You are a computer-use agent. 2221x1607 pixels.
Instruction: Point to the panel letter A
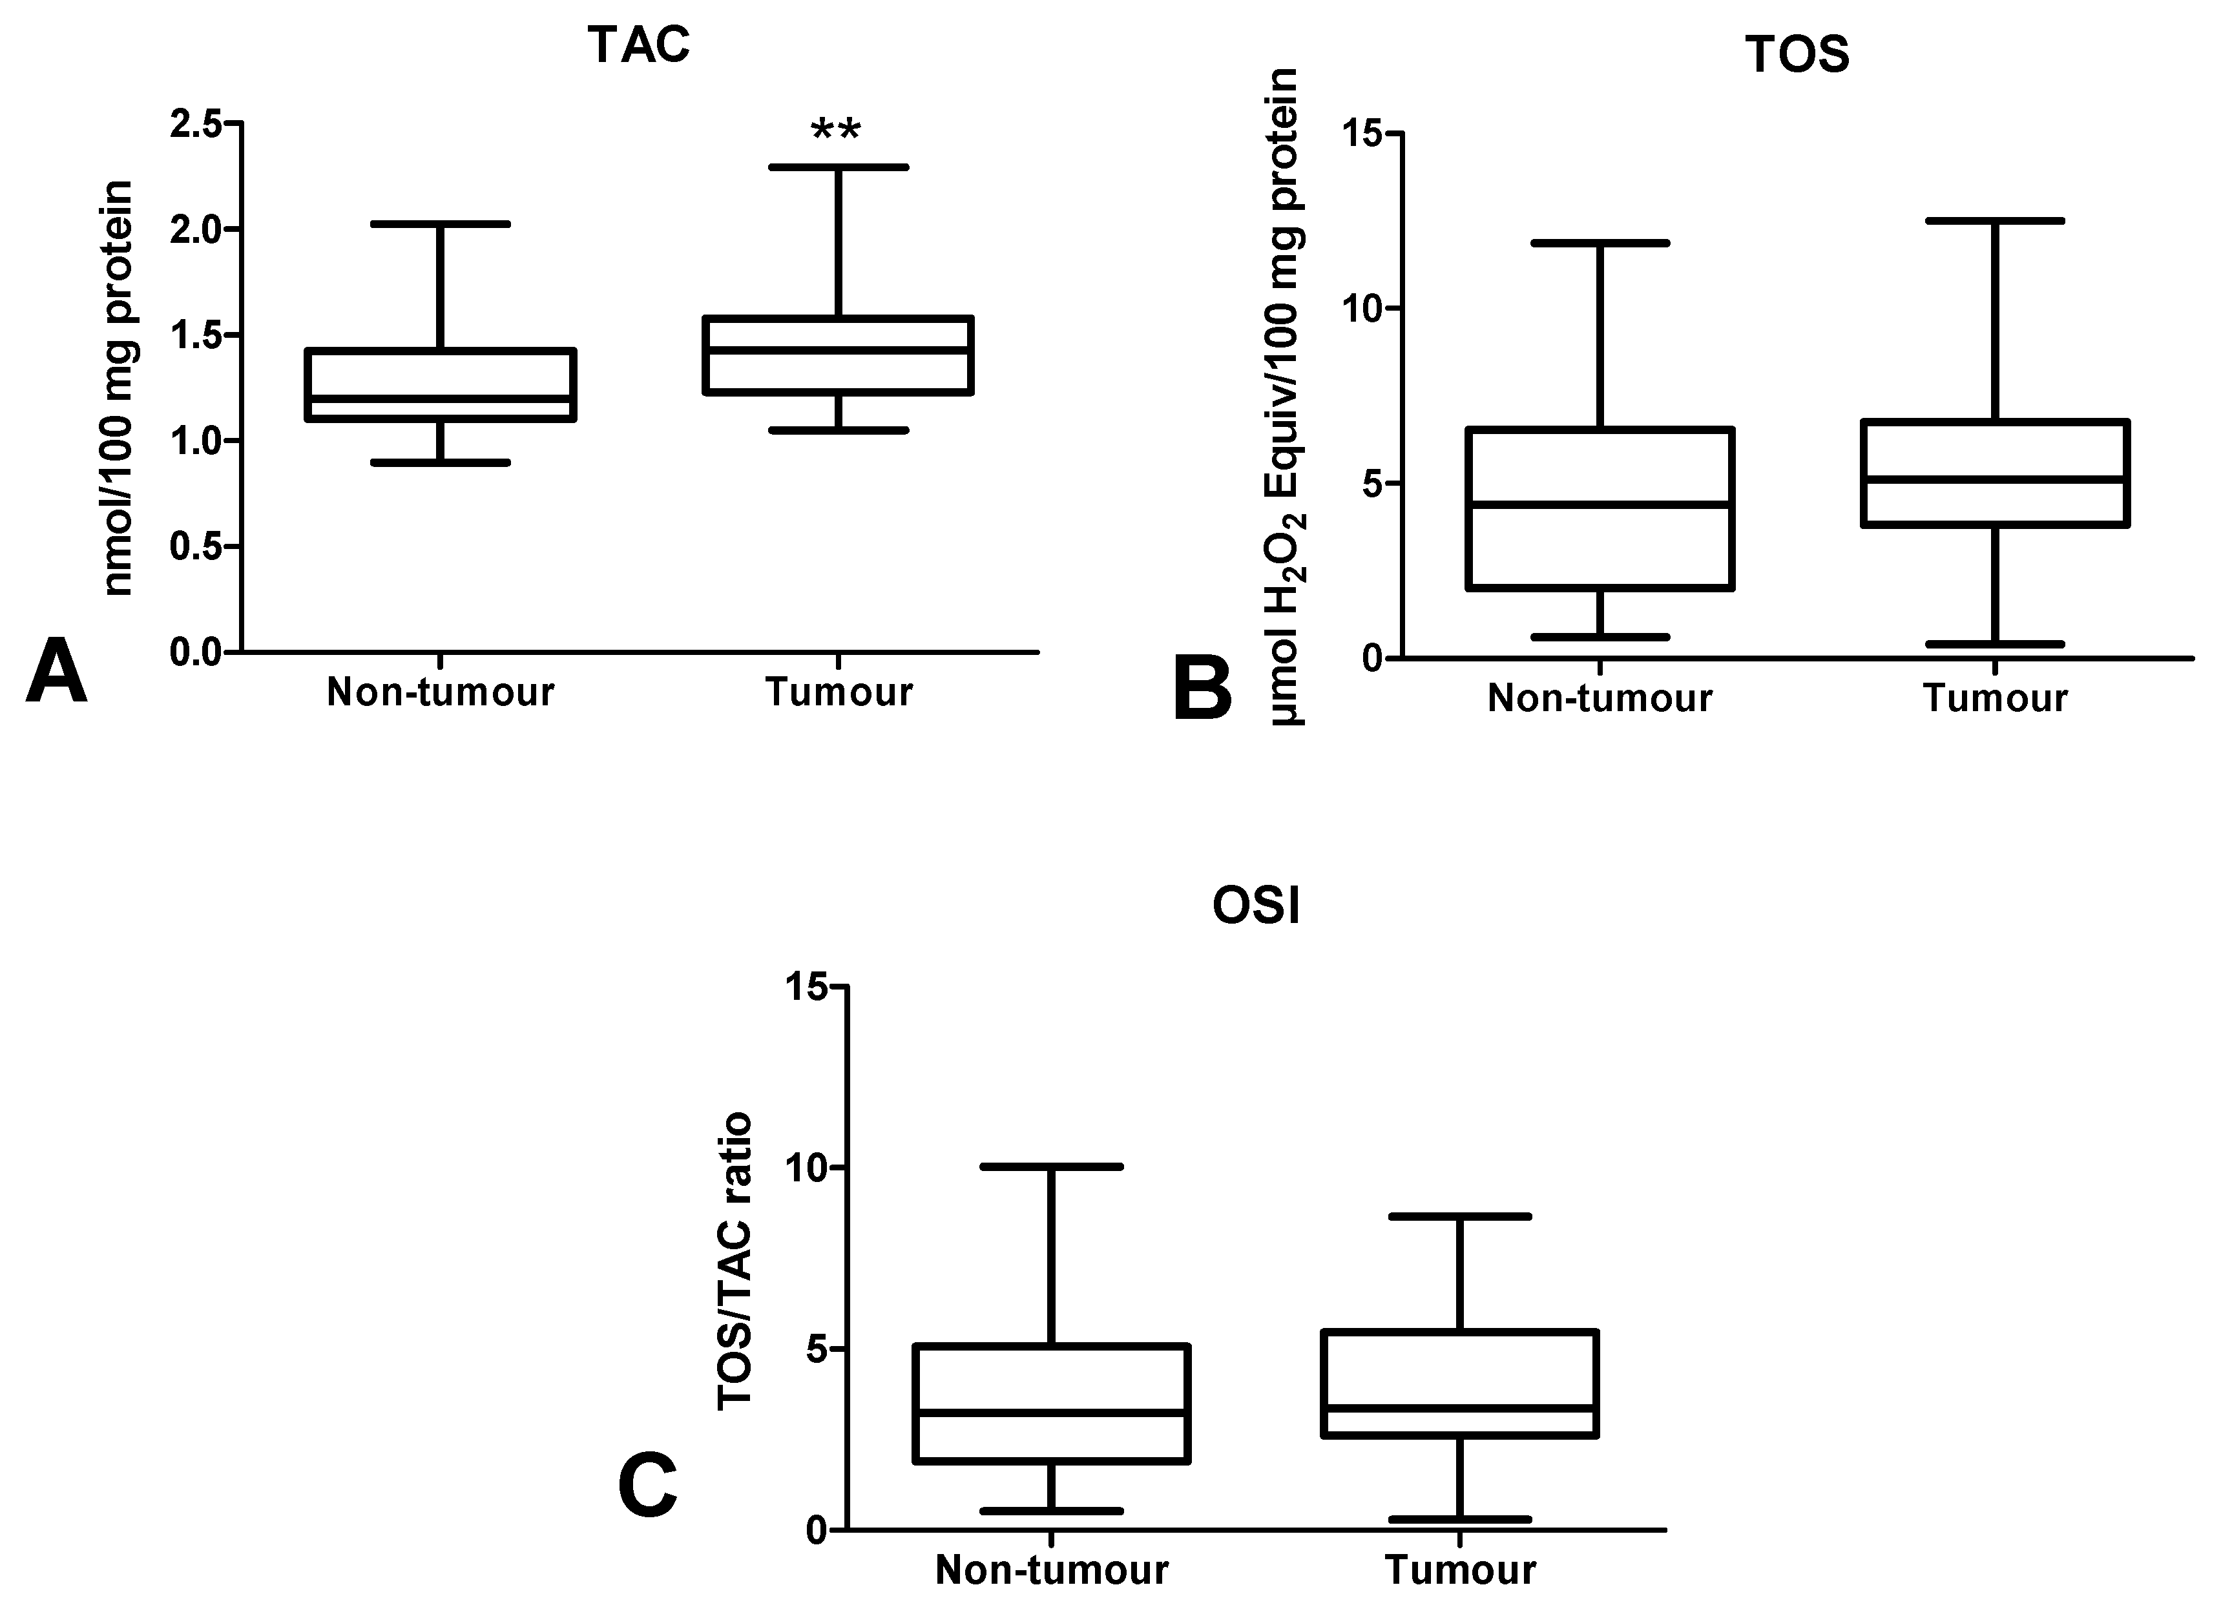(x=56, y=671)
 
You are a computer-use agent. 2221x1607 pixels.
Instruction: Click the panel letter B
(x=1202, y=689)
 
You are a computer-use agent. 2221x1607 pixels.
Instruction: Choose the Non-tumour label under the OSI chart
(x=1052, y=1570)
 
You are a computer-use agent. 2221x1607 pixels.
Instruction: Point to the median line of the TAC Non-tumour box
(x=441, y=399)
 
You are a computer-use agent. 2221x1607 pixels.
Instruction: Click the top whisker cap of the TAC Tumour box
(x=839, y=167)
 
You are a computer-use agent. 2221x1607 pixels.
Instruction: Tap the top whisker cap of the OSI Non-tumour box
(x=1052, y=1166)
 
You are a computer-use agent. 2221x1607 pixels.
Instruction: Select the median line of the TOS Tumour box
(x=1996, y=479)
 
